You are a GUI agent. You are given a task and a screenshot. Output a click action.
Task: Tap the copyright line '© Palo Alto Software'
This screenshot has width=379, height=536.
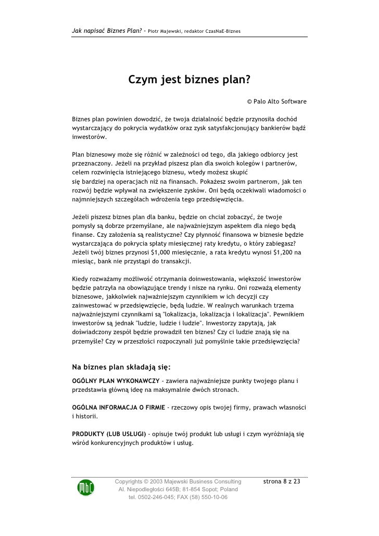click(x=276, y=101)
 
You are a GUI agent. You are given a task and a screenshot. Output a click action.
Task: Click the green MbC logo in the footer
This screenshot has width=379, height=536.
click(x=86, y=488)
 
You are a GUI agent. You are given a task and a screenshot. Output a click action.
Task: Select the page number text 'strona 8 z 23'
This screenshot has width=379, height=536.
click(x=282, y=481)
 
